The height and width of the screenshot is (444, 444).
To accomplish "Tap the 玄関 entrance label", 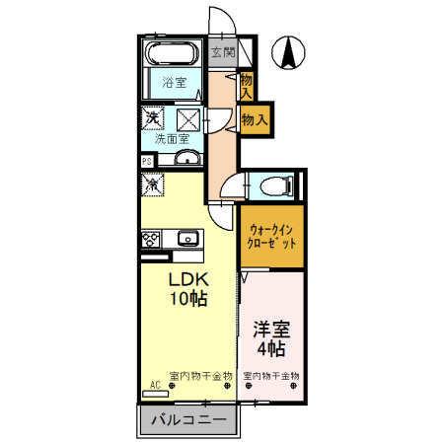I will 221,52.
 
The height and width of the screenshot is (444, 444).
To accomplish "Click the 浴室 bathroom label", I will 174,84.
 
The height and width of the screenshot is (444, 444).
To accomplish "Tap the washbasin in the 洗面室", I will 185,160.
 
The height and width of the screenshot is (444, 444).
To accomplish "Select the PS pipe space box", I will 147,161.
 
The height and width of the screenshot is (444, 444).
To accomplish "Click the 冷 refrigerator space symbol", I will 154,184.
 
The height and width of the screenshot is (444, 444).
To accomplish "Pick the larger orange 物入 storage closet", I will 255,119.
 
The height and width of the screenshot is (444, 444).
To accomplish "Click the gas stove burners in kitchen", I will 153,238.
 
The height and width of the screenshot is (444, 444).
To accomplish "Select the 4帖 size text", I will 270,349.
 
